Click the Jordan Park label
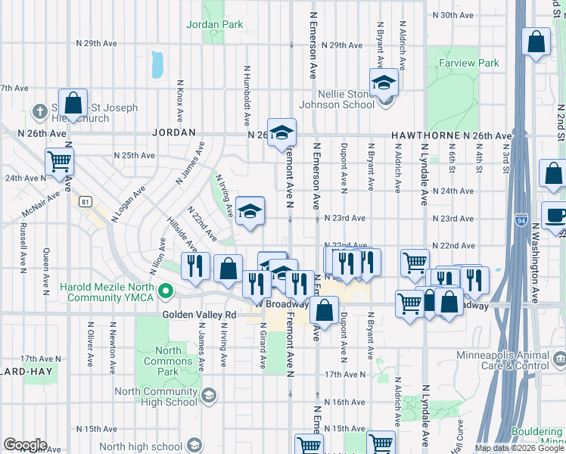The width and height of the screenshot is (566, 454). click(x=215, y=24)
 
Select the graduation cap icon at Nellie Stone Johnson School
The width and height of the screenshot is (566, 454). click(x=384, y=82)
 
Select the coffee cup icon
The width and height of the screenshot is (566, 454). click(x=555, y=215)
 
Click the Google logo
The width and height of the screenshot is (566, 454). click(x=25, y=445)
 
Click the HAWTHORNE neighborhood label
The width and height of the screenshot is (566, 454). click(x=427, y=135)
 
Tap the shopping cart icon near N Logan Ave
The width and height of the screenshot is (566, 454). click(x=59, y=160)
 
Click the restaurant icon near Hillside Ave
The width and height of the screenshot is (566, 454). click(x=195, y=266)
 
